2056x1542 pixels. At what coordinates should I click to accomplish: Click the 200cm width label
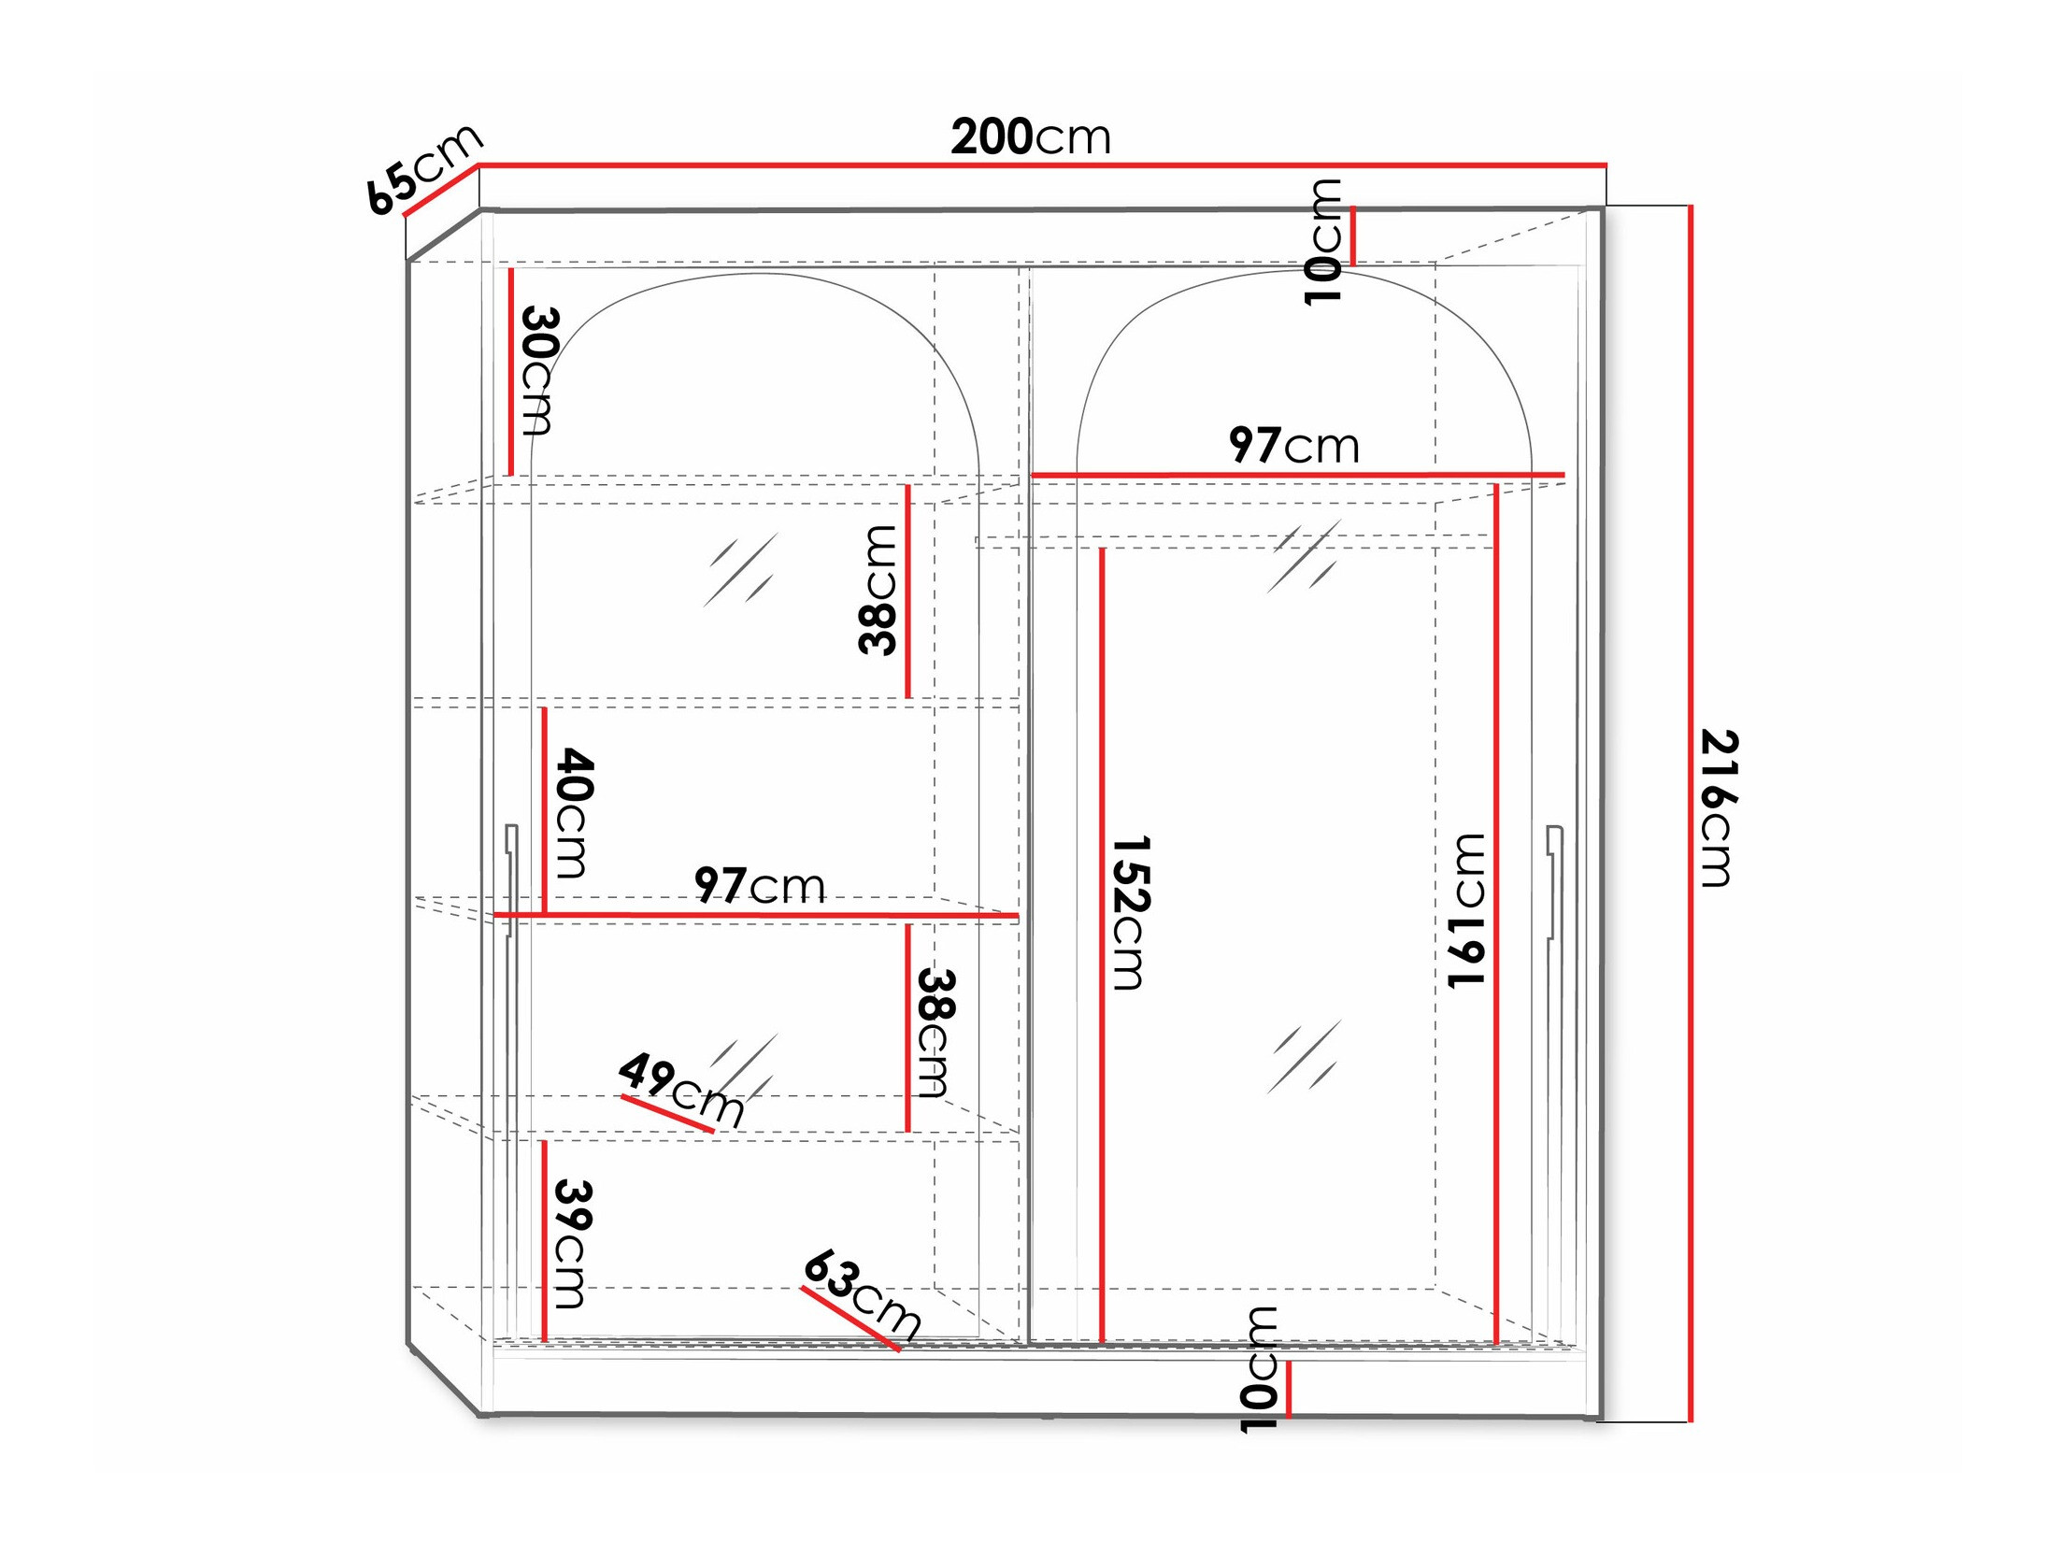[1030, 137]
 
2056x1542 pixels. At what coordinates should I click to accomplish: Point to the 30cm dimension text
[538, 370]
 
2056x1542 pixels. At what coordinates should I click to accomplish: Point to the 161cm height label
[1465, 911]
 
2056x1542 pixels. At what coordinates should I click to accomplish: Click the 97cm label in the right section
[1293, 446]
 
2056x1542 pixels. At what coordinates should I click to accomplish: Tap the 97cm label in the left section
[759, 885]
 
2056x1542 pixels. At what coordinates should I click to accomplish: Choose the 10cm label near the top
[1322, 241]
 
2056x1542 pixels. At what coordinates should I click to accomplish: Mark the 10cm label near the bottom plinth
[1258, 1370]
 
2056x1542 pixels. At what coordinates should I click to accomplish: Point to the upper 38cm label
[878, 590]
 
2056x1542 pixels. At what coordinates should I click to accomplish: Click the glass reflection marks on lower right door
[1305, 1056]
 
